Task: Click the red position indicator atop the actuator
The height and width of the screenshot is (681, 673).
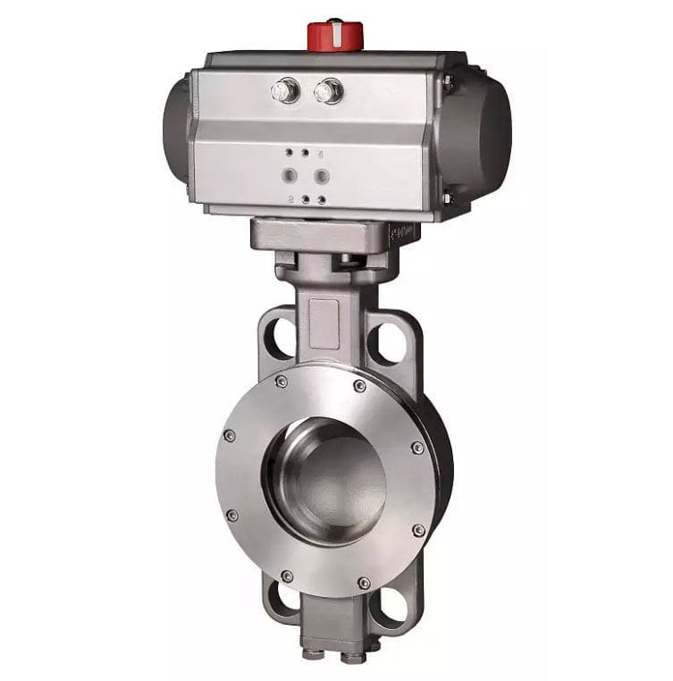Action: point(333,35)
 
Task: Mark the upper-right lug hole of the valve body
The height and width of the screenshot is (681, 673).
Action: point(386,342)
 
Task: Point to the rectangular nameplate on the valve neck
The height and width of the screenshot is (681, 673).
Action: point(325,317)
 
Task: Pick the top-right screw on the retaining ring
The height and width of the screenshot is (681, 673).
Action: point(360,386)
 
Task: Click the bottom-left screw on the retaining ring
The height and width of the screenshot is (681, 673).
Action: point(286,576)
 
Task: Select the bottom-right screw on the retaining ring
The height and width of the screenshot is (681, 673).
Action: point(364,583)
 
